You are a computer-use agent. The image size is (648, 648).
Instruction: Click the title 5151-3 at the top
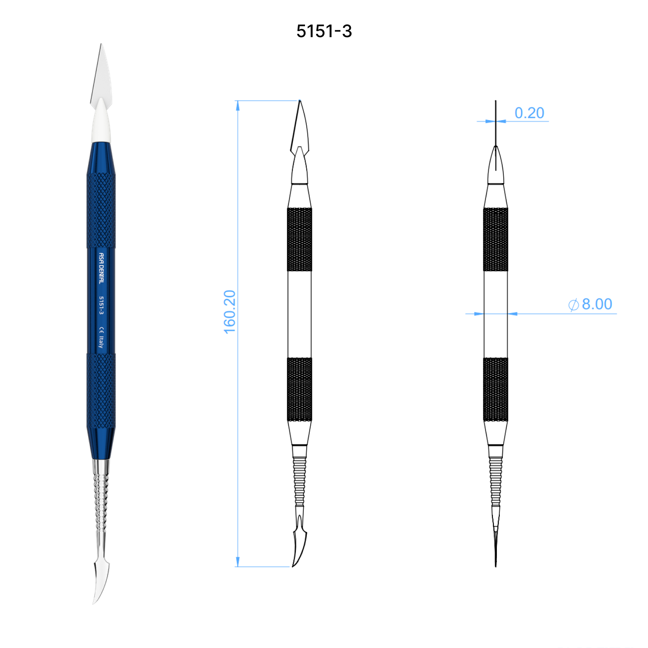(324, 31)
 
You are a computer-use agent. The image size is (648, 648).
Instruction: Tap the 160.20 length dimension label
(229, 312)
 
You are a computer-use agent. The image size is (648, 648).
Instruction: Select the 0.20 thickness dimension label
(529, 113)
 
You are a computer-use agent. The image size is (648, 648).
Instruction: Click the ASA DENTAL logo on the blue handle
(101, 268)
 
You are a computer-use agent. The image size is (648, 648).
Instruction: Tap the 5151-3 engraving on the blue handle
(101, 305)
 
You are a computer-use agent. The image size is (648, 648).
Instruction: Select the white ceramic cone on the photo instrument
(101, 121)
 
